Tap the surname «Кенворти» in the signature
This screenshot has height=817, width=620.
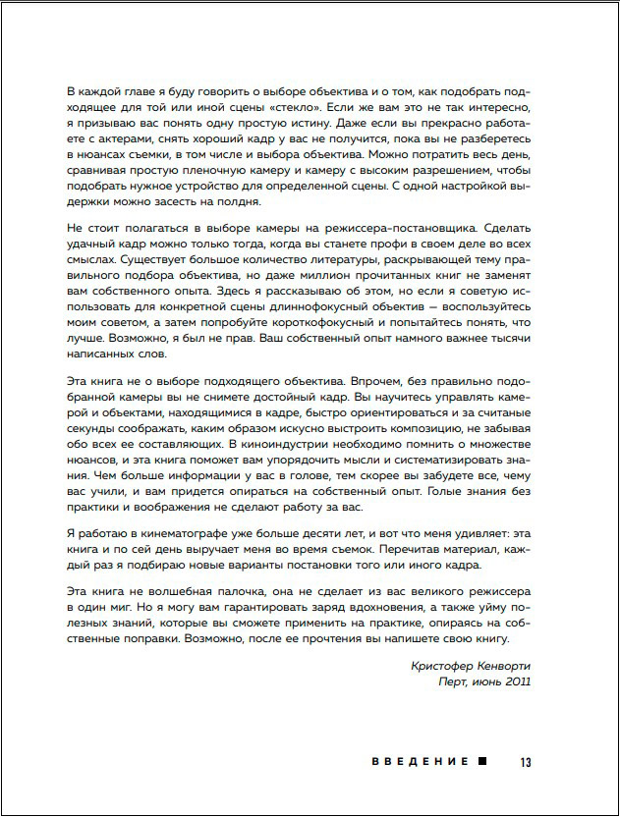[504, 666]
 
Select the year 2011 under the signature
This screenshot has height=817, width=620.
[515, 682]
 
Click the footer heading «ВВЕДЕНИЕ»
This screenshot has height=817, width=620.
[422, 761]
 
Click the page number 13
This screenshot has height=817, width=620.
[526, 761]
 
